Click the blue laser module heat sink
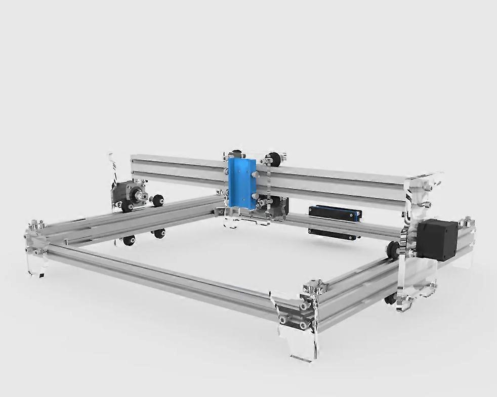click(240, 183)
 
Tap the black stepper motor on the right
click(437, 240)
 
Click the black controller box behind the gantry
click(335, 213)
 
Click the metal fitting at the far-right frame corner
click(466, 223)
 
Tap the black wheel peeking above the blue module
click(235, 153)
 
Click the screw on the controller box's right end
click(358, 215)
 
